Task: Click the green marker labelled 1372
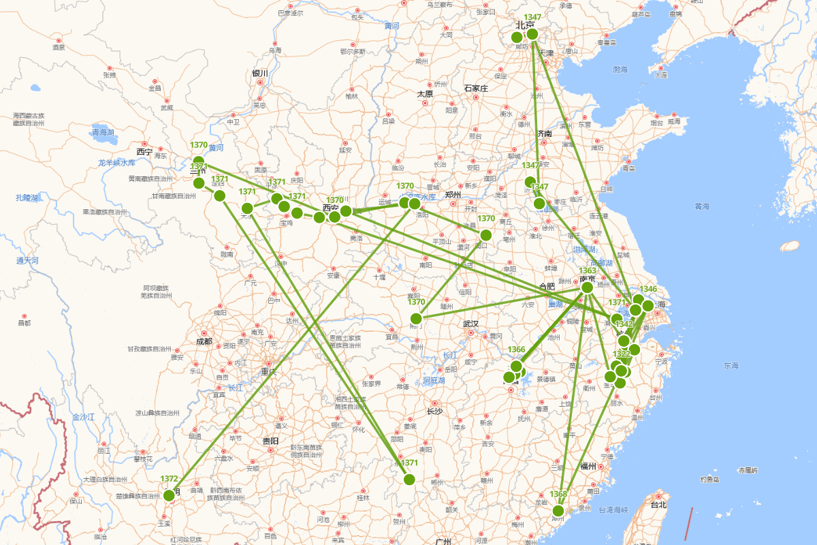[169, 495]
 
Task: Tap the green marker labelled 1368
[558, 510]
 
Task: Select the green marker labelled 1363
[587, 287]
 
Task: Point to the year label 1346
[648, 289]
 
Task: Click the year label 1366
[516, 349]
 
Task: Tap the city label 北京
[524, 25]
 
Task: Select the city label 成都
[204, 341]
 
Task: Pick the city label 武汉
[470, 324]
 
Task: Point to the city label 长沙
[434, 411]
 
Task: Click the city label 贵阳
[270, 441]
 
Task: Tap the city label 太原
[425, 93]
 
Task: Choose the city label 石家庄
[476, 88]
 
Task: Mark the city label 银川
[260, 73]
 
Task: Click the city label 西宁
[144, 151]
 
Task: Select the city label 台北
[658, 505]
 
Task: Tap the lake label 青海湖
[104, 132]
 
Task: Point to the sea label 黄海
[702, 206]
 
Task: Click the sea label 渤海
[620, 69]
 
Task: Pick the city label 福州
[588, 466]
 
